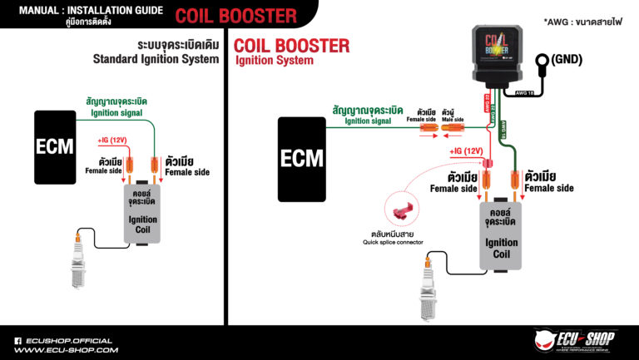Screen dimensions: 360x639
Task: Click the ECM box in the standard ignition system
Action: pyautogui.click(x=55, y=147)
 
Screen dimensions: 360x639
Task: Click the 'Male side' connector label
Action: pyautogui.click(x=453, y=121)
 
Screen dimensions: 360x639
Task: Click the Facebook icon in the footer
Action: pyautogui.click(x=17, y=340)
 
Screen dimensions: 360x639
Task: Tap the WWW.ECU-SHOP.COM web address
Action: pyautogui.click(x=67, y=350)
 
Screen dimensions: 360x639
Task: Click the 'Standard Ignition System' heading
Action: pyautogui.click(x=156, y=59)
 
